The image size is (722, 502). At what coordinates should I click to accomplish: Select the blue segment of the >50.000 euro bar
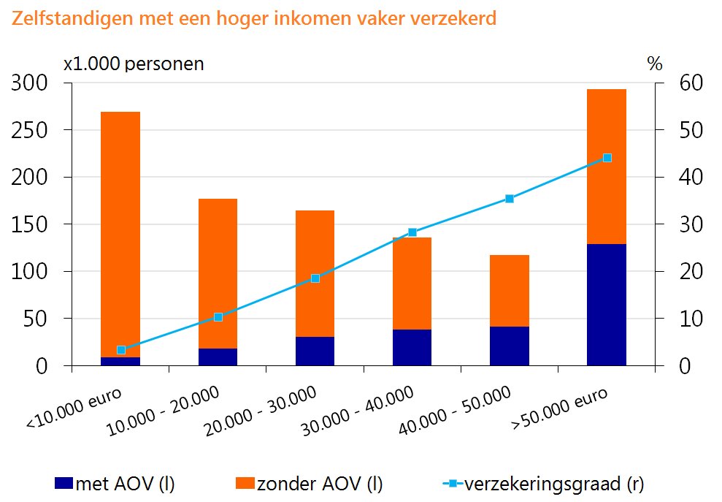point(607,305)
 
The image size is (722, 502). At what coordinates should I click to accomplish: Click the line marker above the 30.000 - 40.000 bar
point(412,232)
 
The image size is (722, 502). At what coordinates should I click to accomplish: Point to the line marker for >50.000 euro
point(607,158)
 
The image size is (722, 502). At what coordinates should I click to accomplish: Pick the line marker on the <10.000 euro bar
point(121,350)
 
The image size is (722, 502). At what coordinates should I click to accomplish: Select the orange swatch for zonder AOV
point(245,483)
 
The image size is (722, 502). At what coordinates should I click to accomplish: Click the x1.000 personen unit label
point(134,64)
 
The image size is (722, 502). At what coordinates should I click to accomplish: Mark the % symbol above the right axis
point(654,64)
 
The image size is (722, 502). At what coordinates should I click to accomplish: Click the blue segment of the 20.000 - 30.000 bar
point(315,351)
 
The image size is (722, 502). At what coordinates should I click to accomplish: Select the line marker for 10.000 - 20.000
point(218,317)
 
